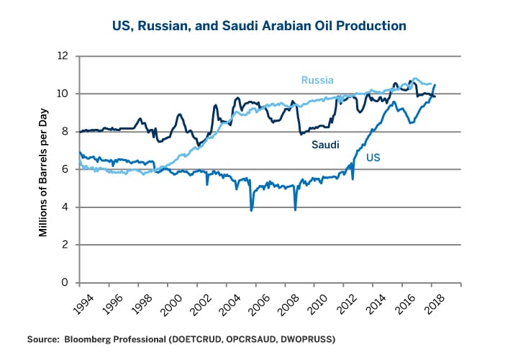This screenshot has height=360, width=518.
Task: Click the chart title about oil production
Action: pos(258,26)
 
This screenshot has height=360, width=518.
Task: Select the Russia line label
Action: pos(317,80)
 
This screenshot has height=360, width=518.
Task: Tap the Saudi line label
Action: pos(325,145)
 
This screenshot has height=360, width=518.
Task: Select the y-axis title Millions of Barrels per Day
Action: pos(43,169)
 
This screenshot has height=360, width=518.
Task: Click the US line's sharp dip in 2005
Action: pos(251,210)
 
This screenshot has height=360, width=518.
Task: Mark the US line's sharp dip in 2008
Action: pos(296,209)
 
